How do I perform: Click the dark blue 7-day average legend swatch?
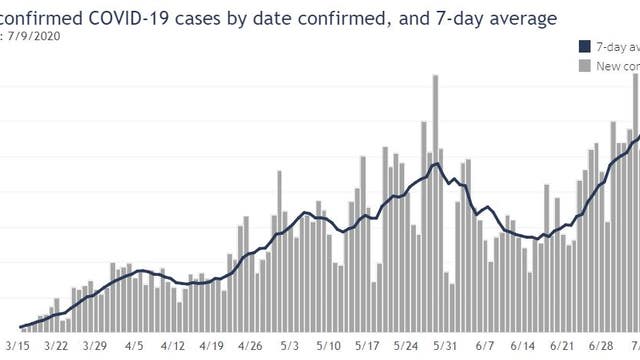(x=584, y=47)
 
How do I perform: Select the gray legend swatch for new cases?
(x=584, y=66)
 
